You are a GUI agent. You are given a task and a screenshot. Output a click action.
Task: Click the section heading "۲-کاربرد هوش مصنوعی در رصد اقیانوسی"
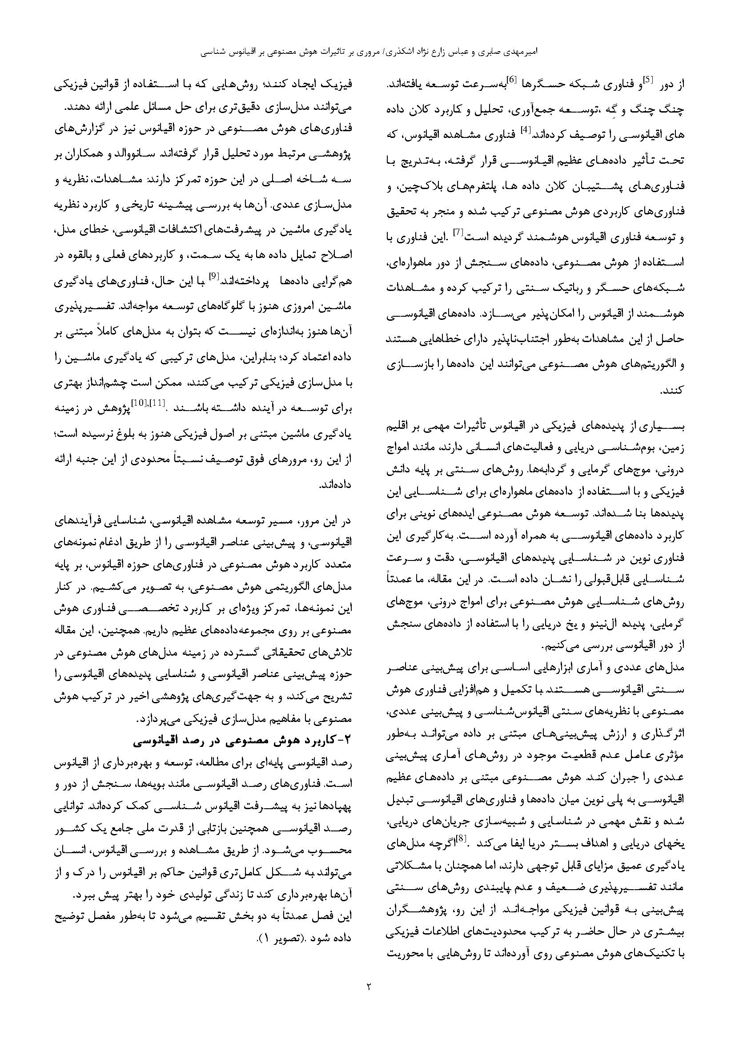(240, 740)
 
